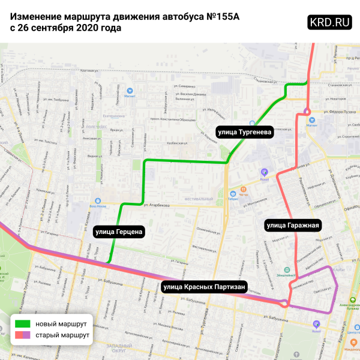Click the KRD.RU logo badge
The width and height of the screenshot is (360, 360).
point(329,22)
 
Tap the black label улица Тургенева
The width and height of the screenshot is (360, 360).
point(246,131)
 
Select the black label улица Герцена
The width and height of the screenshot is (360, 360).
point(119,230)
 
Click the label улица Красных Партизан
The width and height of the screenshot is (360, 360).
point(204,287)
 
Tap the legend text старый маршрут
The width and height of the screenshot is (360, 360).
point(58,335)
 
